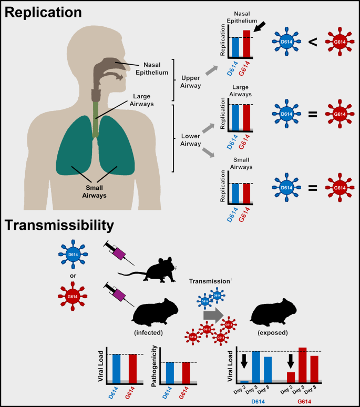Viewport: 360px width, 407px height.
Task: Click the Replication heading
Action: pos(43,12)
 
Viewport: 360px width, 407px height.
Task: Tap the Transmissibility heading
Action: pos(59,226)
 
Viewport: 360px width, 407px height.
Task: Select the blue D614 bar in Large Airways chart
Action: pos(235,117)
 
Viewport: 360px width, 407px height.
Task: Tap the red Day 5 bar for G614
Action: pos(302,364)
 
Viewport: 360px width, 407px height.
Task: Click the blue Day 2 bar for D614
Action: pos(244,382)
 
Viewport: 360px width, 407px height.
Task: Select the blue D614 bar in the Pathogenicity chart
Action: pos(170,372)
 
